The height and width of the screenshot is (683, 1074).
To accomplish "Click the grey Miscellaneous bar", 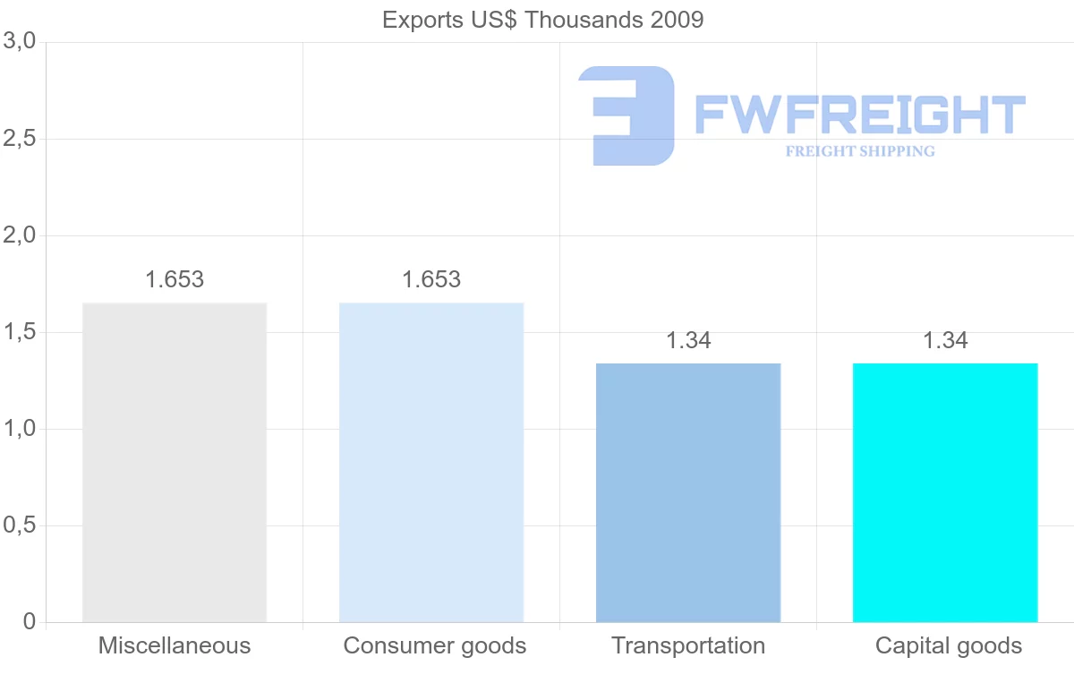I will click(x=175, y=462).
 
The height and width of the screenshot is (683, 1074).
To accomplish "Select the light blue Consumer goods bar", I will click(x=431, y=462).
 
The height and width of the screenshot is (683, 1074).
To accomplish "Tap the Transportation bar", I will click(x=688, y=492).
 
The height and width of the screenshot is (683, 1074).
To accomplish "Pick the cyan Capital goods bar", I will click(x=945, y=492).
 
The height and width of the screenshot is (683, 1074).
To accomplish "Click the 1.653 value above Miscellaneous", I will click(x=175, y=279).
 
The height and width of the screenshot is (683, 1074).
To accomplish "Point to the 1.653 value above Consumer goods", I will click(x=431, y=279).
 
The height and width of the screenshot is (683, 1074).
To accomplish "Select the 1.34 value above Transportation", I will click(x=688, y=341).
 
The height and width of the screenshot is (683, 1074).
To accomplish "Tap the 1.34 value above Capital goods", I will click(x=945, y=341).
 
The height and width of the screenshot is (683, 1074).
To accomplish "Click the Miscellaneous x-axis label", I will click(x=175, y=645).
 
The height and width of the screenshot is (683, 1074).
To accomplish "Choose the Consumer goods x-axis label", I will click(x=435, y=645).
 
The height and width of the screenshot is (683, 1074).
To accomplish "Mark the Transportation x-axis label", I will click(x=688, y=645).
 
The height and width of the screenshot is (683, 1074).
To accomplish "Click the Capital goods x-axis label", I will click(x=949, y=645).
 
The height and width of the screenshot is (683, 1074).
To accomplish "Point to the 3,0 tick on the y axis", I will click(x=19, y=41).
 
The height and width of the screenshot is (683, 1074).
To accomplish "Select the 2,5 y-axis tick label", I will click(x=19, y=139).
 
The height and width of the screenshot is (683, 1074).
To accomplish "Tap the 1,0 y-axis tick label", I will click(x=19, y=429).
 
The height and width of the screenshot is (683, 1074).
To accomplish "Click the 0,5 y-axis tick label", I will click(x=19, y=525).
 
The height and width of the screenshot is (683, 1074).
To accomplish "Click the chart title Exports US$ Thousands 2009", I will click(x=542, y=20).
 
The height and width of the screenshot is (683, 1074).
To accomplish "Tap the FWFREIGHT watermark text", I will click(x=859, y=115).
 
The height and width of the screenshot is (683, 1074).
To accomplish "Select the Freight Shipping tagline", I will click(x=860, y=151).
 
